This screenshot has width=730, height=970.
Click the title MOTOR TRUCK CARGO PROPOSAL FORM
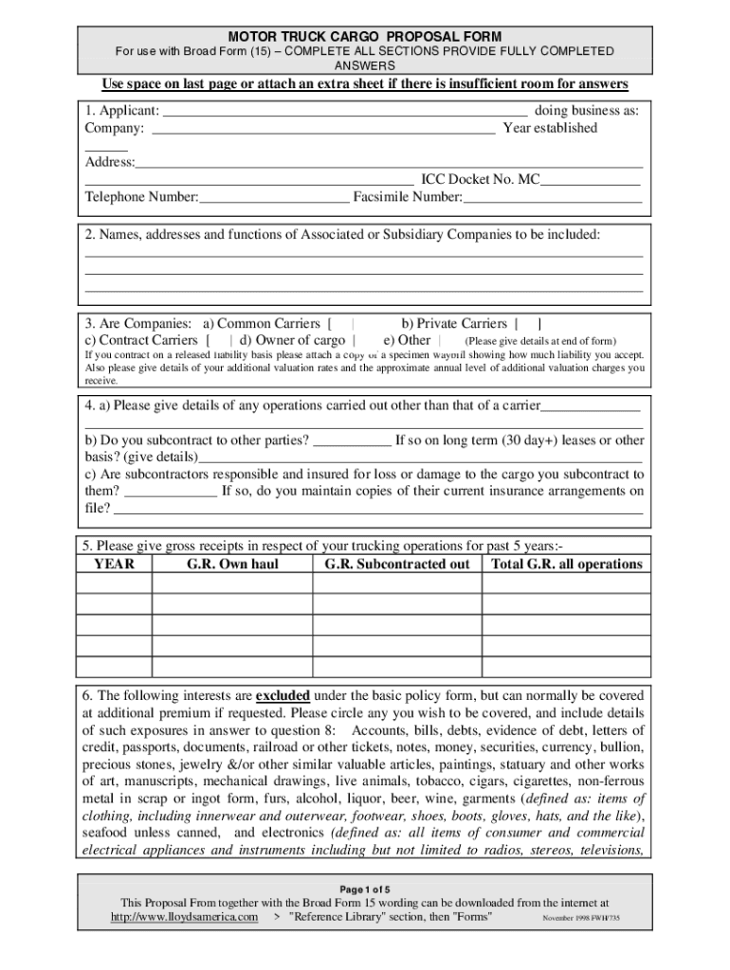(364, 36)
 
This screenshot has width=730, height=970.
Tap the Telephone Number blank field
(274, 197)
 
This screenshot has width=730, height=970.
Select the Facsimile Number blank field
(552, 197)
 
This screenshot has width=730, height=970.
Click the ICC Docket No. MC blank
(590, 179)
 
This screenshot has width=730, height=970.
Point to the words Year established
(550, 128)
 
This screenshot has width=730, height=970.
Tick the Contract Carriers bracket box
(219, 340)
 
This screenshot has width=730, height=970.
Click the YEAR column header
(115, 565)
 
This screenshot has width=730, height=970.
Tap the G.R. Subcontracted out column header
(396, 565)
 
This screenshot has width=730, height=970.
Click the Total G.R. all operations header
(566, 565)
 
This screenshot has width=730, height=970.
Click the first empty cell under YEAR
(115, 584)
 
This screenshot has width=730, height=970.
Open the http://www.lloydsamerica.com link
(184, 918)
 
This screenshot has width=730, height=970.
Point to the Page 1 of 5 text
(364, 889)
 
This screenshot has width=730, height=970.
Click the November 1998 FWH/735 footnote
(580, 919)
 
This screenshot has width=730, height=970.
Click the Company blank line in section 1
(323, 129)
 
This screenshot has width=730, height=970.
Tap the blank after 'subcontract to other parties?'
(352, 440)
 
